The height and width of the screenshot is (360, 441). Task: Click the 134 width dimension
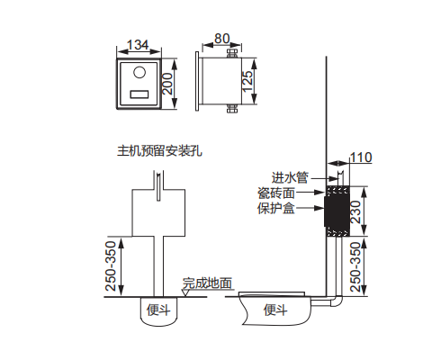point(138,45)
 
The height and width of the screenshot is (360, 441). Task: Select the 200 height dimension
point(167,84)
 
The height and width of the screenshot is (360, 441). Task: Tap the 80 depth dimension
point(222,39)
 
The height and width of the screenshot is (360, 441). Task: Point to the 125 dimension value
point(247,81)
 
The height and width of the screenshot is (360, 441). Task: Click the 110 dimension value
point(361,157)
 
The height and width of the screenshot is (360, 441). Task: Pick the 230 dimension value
point(355,211)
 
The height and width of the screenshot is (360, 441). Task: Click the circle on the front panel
point(139,72)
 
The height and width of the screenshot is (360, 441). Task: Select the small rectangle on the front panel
point(139,94)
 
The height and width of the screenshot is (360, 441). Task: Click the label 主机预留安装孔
point(159,150)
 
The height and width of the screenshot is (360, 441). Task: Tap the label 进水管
point(290,177)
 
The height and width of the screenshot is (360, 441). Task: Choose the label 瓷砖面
point(276,193)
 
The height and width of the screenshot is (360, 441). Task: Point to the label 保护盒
point(276,208)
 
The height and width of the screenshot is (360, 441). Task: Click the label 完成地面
point(208,283)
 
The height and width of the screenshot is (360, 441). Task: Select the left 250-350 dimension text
point(111,265)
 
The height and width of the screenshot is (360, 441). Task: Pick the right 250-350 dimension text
point(355,267)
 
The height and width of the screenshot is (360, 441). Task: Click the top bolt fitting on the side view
point(232,53)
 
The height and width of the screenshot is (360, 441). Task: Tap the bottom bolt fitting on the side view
point(232,109)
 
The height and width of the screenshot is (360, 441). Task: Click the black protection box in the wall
point(337,211)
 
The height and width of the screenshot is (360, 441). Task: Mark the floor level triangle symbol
point(185,292)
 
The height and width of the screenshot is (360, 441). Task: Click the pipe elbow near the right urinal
point(336,301)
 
